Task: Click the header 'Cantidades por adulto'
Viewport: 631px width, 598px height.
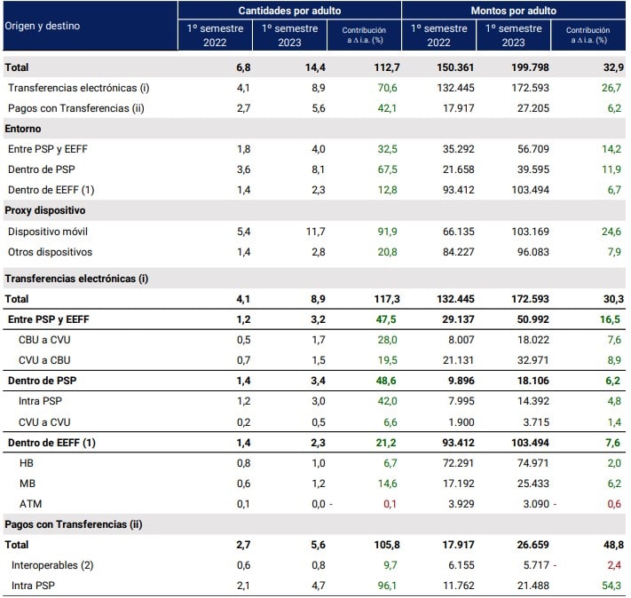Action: coord(289,10)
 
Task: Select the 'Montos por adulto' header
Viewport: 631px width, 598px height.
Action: coord(515,10)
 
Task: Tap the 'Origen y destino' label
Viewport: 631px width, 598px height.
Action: coord(43,26)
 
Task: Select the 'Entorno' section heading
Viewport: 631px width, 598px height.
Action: coord(24,129)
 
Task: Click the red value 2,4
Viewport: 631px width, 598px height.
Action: coord(607,565)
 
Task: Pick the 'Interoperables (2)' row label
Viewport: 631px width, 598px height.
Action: coord(55,565)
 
